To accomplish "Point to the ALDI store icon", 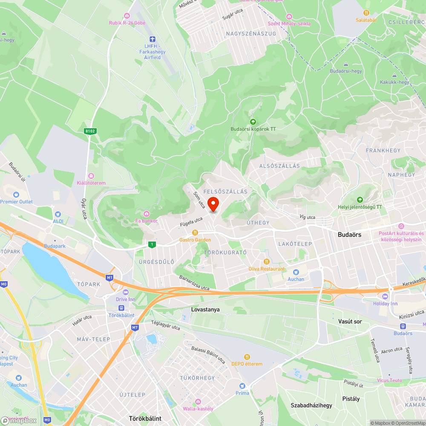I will coord(58,214).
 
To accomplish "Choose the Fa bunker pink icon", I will coord(147,213).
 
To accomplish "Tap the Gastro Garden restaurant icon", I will coord(195,233).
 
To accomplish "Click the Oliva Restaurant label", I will coord(267,269).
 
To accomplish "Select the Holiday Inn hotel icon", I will coord(391,296).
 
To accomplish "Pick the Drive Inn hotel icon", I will coord(125,292).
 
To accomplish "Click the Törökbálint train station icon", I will coord(121,308).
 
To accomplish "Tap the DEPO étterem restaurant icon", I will coord(247,357).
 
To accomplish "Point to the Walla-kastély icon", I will coord(198,402).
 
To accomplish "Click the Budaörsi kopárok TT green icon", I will coord(253,122).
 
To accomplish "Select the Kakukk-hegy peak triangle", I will coord(395,75).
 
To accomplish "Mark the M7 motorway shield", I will coord(135,328).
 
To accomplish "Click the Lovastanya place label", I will coord(205,310).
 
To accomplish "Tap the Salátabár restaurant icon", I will coord(366,13).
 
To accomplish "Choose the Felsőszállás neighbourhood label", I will coord(225,192).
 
